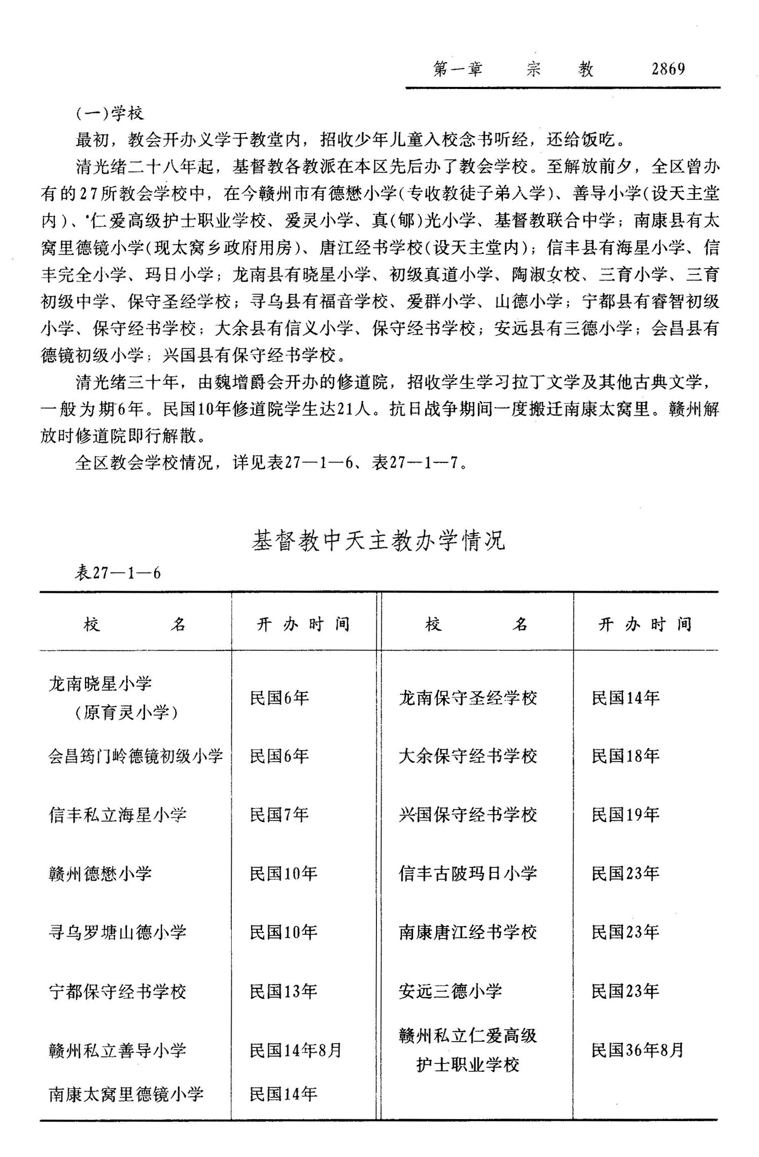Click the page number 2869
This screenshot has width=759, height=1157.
point(668,69)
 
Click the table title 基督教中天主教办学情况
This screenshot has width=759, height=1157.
point(378,541)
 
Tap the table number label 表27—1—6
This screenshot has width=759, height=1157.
point(118,573)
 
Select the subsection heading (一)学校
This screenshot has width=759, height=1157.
point(110,113)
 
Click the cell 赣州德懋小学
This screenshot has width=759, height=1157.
point(100,874)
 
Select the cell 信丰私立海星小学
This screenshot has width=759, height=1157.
point(117,815)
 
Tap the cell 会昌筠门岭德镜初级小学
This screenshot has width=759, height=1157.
point(136,757)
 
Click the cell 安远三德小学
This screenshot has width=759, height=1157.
point(450,991)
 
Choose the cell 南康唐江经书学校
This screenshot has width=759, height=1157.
point(468,932)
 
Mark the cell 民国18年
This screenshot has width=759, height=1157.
point(625,757)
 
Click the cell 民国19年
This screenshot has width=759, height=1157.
point(625,815)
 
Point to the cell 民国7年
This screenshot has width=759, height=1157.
point(279,815)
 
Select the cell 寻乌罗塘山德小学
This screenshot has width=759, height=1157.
point(117,932)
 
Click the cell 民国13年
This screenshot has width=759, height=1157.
point(283,991)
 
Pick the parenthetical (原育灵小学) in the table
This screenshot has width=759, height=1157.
point(126,713)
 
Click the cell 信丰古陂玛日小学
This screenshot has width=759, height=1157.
point(468,874)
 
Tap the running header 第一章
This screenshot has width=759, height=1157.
point(457,69)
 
